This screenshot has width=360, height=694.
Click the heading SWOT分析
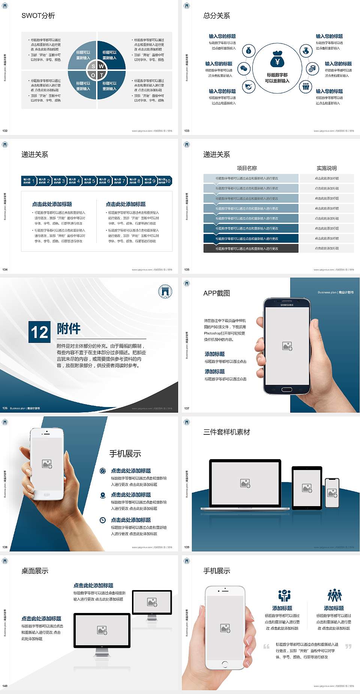pos(38,16)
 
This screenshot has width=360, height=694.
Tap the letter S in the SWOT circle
pos(93,66)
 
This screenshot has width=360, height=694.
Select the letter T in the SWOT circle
pos(102,75)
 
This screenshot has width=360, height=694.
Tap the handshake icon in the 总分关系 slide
pos(248,87)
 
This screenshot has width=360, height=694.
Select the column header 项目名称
pos(247,168)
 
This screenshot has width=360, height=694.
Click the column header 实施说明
pos(327,168)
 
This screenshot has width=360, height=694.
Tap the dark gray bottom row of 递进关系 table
pos(251,248)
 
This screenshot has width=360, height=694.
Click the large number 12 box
pos(39,332)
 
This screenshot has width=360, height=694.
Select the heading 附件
pos(69,329)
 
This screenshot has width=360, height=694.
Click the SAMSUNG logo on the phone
pos(287,305)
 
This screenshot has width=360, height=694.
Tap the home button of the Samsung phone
pos(287,390)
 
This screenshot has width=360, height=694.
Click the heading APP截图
pos(216,293)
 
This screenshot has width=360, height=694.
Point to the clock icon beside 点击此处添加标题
pos(103,520)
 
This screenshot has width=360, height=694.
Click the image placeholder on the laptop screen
pos(245,483)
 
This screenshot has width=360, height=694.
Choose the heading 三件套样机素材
pos(226,432)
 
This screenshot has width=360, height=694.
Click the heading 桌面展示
pos(35,571)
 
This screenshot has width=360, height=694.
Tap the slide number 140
pos(5,686)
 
